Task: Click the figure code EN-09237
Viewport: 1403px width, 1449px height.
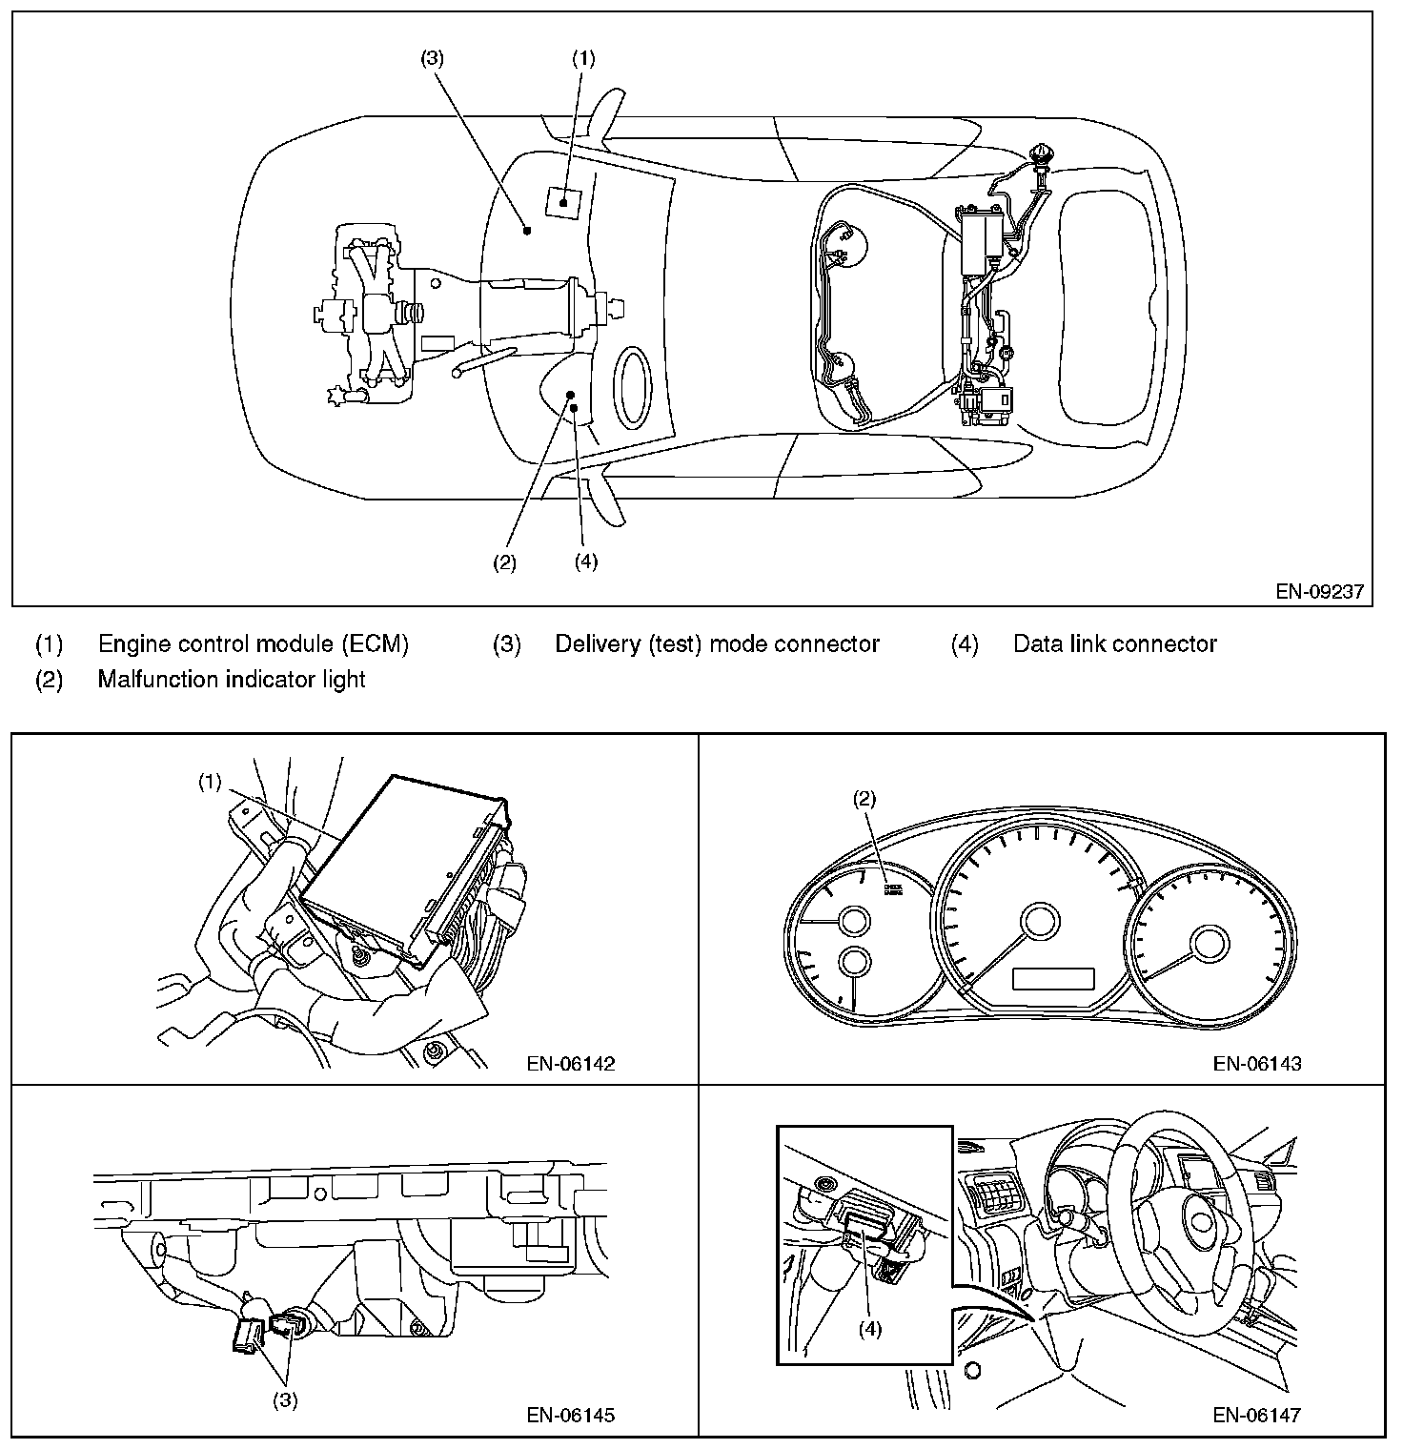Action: [x=1319, y=592]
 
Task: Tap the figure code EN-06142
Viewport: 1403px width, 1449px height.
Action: [x=570, y=1064]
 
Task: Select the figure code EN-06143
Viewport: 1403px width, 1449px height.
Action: [x=1256, y=1064]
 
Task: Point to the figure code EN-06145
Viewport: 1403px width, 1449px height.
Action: [x=570, y=1415]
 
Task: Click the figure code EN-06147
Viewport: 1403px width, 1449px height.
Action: [x=1256, y=1415]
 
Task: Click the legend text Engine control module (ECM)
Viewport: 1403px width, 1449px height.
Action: [x=253, y=644]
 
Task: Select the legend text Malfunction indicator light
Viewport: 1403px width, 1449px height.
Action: [x=232, y=680]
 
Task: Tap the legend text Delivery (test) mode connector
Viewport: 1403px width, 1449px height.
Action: [x=717, y=644]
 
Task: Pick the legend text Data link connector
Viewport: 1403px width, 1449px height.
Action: [x=1114, y=644]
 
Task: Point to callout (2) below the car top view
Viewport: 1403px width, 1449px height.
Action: [x=504, y=562]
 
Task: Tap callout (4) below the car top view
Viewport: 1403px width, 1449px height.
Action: [x=586, y=561]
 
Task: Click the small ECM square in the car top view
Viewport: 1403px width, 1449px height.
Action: [x=562, y=202]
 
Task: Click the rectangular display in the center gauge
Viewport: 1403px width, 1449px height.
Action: [x=1052, y=978]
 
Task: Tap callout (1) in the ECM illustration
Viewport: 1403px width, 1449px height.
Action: [x=210, y=782]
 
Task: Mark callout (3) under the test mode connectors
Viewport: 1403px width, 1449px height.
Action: [x=286, y=1400]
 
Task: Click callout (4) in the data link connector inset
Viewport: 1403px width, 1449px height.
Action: [x=869, y=1329]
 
